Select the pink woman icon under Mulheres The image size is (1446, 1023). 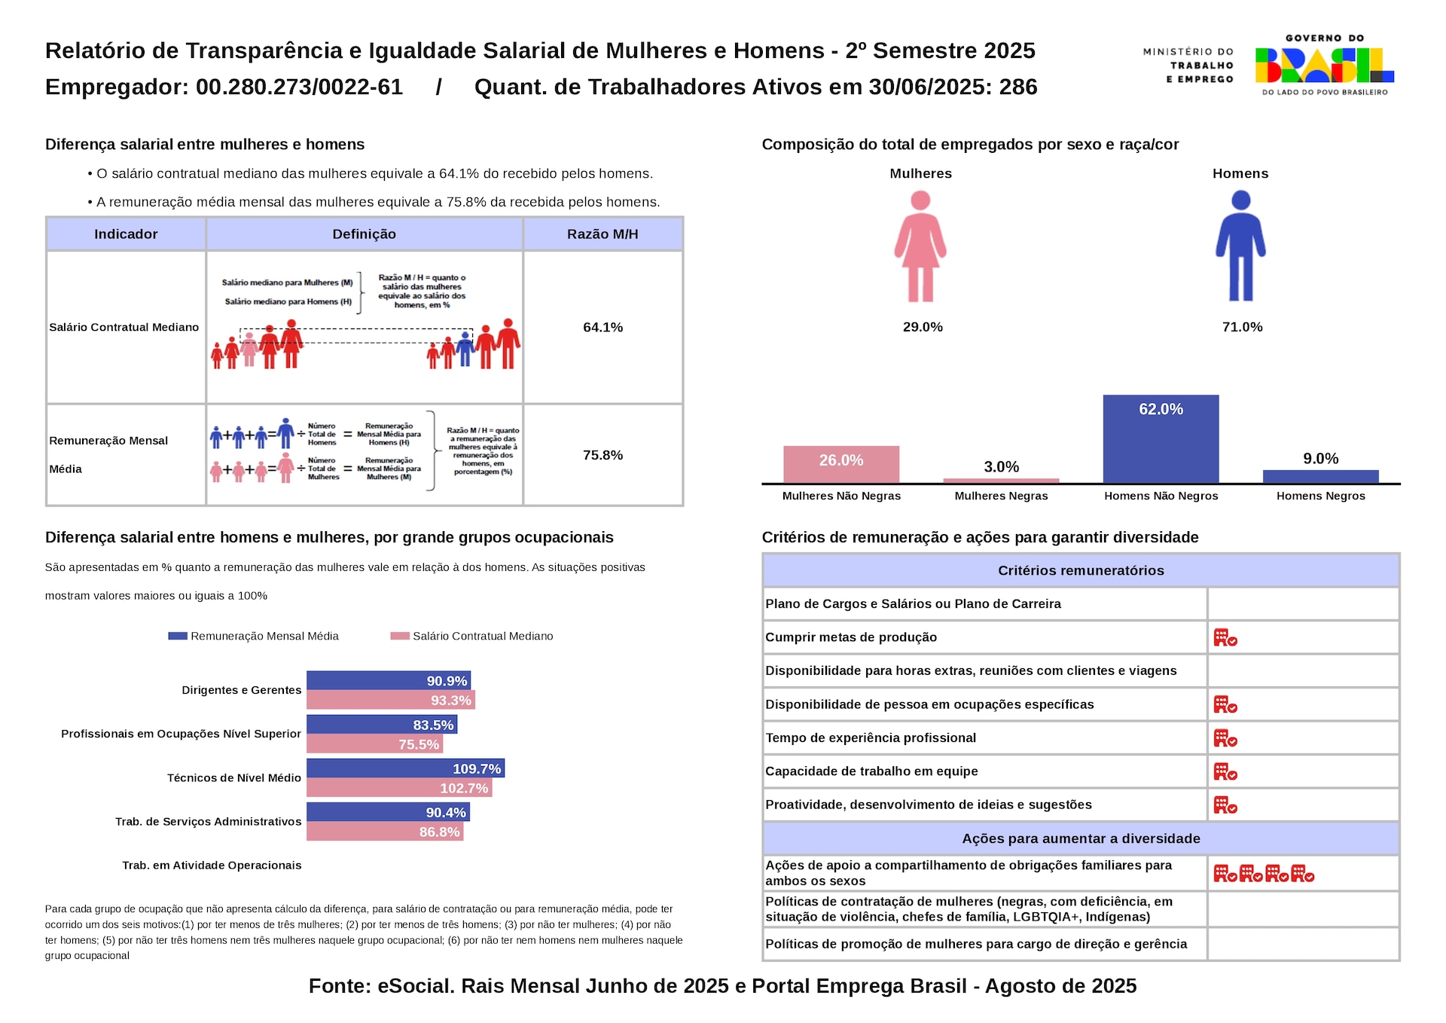(x=920, y=246)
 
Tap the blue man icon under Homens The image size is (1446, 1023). (x=1240, y=246)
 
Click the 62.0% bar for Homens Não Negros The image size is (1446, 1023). (x=1161, y=438)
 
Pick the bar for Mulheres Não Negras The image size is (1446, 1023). (x=841, y=464)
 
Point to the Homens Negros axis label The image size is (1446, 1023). (x=1320, y=496)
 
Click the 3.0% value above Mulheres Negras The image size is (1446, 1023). (x=1001, y=467)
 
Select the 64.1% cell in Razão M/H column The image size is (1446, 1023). (x=602, y=327)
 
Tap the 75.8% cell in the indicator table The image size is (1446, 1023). (x=602, y=455)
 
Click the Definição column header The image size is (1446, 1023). (x=364, y=234)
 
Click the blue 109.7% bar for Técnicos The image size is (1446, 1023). (x=405, y=768)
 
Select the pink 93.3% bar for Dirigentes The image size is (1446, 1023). (x=390, y=701)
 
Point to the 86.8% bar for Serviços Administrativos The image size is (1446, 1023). (x=384, y=832)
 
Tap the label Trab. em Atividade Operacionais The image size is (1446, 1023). (x=212, y=866)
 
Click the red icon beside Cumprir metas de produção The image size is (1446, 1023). (x=1225, y=638)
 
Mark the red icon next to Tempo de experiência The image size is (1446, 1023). (x=1225, y=738)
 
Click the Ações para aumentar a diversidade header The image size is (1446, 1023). (x=1081, y=838)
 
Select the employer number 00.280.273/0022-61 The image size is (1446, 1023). (x=300, y=87)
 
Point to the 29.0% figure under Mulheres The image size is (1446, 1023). (x=923, y=327)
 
